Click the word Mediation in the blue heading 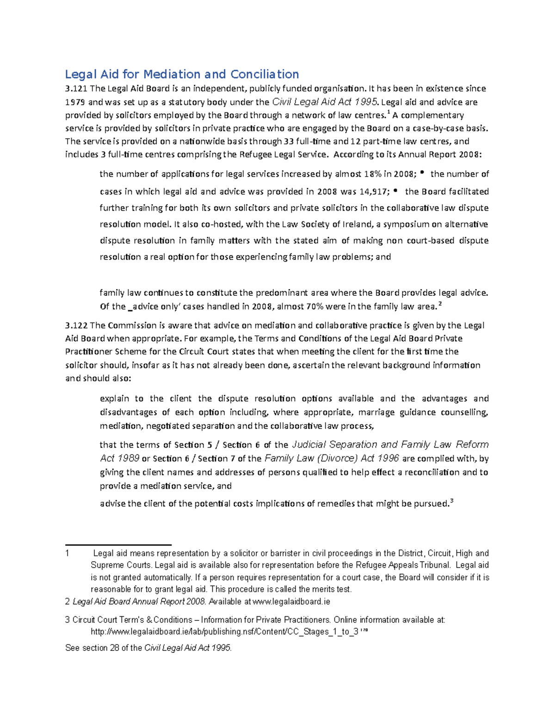click(x=172, y=74)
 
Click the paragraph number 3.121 click(x=76, y=89)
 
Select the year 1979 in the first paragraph click(x=75, y=102)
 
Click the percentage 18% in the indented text click(x=372, y=174)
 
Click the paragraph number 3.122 click(x=76, y=326)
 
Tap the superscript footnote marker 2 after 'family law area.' click(x=440, y=304)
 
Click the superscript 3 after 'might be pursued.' click(x=451, y=501)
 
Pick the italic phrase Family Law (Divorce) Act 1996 click(x=332, y=459)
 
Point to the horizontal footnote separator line click(x=118, y=545)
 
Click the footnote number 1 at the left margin click(x=68, y=553)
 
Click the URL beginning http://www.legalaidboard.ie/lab click(x=224, y=632)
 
